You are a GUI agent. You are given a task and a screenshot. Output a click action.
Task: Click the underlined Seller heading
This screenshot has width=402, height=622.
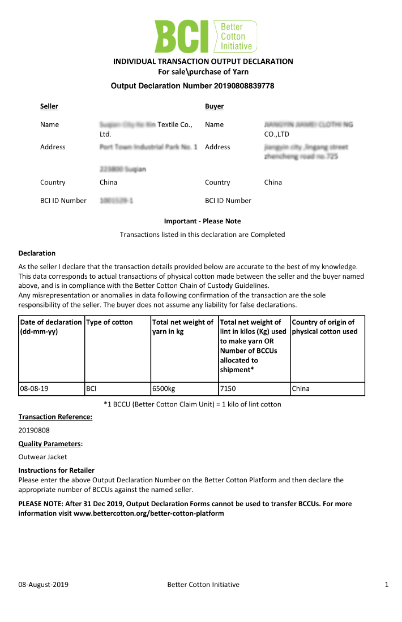point(49,106)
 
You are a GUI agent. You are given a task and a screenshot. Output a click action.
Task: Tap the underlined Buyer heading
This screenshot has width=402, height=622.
point(214,106)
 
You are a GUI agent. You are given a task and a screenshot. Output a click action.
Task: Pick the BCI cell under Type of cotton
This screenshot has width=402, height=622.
point(92,389)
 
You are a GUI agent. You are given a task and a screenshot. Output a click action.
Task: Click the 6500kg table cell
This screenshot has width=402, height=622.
point(164,389)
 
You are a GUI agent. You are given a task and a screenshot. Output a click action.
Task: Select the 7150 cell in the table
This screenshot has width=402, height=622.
point(228,389)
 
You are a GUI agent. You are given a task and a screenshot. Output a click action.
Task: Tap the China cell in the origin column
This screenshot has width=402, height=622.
point(301,389)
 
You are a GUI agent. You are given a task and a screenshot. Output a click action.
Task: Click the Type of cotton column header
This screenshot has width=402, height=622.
point(109,322)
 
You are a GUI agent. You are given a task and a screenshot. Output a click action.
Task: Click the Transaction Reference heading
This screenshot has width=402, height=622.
point(55,417)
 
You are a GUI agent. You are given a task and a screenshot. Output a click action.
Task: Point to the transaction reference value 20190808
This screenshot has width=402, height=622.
point(34,430)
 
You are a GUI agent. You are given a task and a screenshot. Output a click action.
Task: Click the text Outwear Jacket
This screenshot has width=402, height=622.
point(43,457)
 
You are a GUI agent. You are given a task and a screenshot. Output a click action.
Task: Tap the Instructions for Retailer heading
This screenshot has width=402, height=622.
point(57,470)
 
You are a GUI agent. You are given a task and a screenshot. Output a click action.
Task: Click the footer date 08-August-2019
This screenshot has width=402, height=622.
point(44,585)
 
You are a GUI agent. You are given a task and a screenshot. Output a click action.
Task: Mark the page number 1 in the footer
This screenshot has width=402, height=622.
point(386,585)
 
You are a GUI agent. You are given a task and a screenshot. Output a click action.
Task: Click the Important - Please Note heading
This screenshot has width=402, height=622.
point(202,221)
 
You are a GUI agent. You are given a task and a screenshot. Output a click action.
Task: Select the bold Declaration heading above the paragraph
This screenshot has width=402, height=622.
point(37,253)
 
